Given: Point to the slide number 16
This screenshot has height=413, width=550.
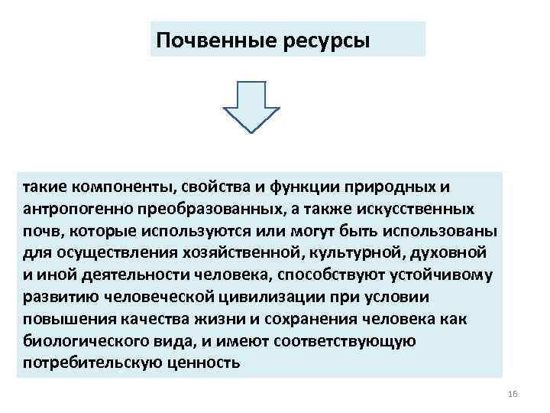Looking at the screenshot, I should pos(512,393).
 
